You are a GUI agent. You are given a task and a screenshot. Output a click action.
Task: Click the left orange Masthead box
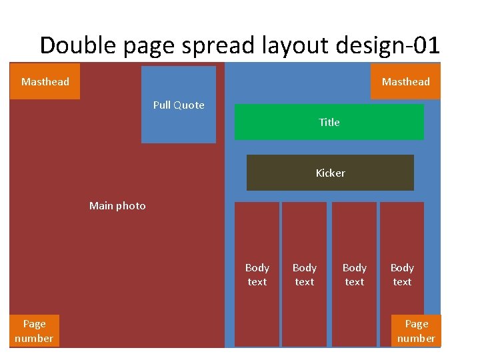point(45,81)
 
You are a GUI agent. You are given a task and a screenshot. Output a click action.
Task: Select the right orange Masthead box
point(405,81)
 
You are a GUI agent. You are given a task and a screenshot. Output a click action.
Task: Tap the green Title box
point(329,122)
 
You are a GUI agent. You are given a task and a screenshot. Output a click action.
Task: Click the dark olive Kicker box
point(330,173)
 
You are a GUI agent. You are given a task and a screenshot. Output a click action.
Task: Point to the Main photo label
point(117,205)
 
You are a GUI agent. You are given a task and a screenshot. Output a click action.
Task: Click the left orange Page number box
point(34,331)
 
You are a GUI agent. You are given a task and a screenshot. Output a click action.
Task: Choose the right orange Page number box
point(416,331)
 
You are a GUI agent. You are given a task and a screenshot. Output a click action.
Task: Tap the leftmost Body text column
point(257,274)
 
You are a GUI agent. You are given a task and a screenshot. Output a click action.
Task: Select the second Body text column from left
point(304,274)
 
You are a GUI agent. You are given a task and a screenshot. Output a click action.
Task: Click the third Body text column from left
point(354,274)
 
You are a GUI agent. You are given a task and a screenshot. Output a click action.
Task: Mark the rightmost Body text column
point(402,274)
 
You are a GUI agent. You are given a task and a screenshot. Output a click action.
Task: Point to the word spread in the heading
point(214,45)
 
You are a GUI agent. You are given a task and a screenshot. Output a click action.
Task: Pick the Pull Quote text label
point(179,105)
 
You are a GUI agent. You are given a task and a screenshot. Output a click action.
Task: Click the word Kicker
point(330,173)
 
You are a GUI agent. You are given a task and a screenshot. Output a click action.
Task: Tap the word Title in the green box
point(329,122)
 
